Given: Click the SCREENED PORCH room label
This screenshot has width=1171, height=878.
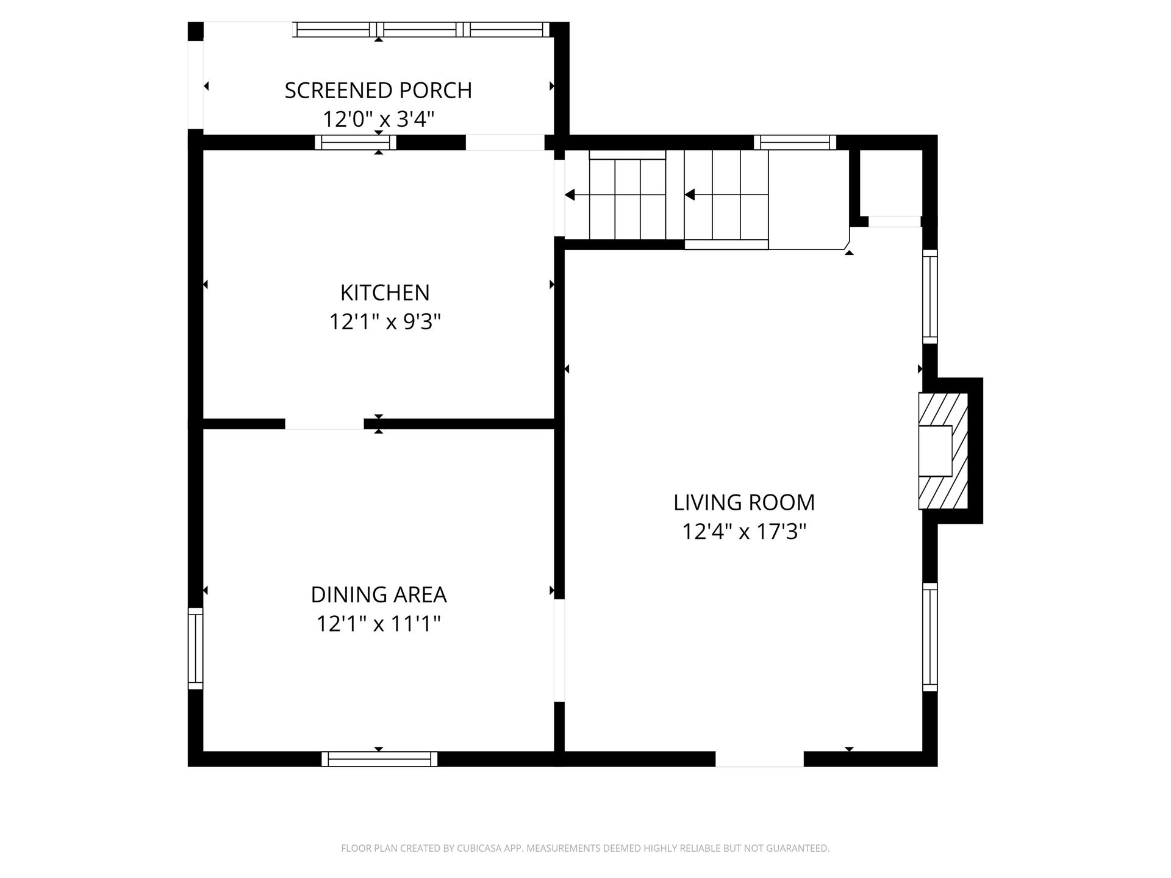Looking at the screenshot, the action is point(378,90).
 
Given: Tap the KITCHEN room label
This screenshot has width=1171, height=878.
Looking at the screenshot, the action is point(385,293).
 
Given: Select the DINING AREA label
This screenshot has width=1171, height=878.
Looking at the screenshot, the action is point(379,594).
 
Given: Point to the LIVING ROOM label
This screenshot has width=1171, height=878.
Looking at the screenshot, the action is point(744,502).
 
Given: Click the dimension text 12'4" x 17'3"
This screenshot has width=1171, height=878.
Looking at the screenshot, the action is point(744,532).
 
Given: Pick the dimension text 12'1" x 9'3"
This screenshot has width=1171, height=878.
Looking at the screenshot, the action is point(385,321).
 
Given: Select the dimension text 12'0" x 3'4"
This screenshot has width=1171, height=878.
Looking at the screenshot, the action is point(378,118).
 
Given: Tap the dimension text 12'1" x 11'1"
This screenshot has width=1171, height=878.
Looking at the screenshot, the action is point(379,624).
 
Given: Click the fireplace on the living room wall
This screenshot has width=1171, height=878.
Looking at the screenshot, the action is point(943,451).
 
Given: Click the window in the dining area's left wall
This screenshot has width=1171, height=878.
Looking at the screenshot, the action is point(195,648).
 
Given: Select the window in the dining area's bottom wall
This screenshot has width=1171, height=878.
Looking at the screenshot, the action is point(379,759).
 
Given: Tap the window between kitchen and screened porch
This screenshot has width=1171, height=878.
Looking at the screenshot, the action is point(356,143).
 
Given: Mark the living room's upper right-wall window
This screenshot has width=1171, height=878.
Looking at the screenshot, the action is point(929,296).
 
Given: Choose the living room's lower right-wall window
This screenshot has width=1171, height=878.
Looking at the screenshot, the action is point(929,637).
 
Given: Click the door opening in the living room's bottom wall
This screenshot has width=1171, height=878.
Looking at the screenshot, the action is point(759,759).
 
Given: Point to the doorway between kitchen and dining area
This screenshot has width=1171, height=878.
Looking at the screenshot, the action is point(324,424).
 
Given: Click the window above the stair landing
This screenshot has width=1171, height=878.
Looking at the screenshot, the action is point(795,143).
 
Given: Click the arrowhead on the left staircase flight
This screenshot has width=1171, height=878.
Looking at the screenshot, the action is point(570,195).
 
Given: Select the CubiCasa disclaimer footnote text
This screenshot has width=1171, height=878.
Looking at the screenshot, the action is point(585,848).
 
